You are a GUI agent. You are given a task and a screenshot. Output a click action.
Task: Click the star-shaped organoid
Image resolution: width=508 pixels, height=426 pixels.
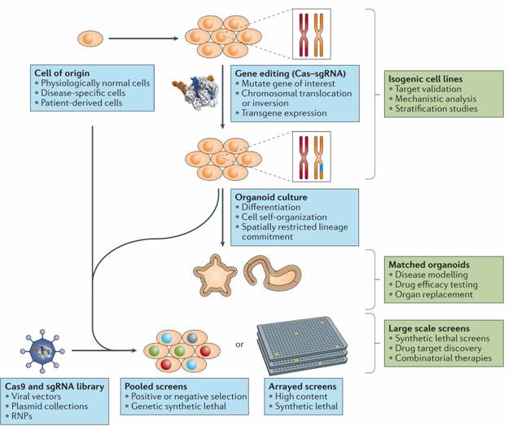click(x=215, y=274)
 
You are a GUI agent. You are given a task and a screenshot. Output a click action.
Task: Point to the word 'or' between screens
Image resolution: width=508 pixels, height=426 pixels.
click(x=239, y=344)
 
